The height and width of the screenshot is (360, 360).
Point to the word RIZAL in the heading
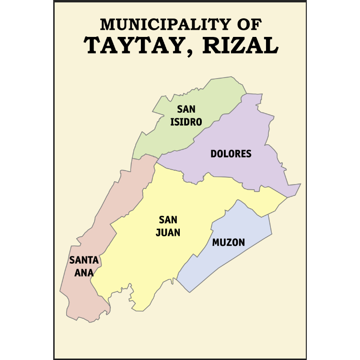pyautogui.click(x=240, y=46)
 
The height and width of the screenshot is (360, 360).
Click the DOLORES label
pyautogui.click(x=231, y=154)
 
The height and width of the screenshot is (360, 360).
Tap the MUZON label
pyautogui.click(x=228, y=243)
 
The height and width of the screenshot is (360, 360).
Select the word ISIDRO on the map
pyautogui.click(x=186, y=122)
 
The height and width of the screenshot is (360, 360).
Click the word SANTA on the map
pyautogui.click(x=84, y=260)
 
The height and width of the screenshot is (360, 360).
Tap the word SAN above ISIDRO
pyautogui.click(x=186, y=109)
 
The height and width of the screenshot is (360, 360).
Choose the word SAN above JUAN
pyautogui.click(x=169, y=221)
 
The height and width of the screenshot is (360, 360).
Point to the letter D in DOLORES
pyautogui.click(x=213, y=154)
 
